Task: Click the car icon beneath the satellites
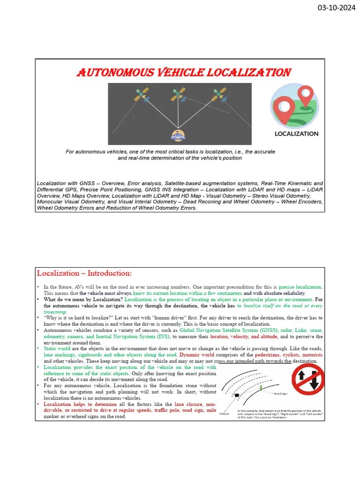tap(178, 135)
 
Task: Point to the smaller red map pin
tap(306, 96)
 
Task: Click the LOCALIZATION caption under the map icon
tap(296, 134)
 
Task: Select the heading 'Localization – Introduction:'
tap(84, 273)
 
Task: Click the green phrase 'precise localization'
tap(300, 287)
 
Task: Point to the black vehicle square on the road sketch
tap(237, 396)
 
